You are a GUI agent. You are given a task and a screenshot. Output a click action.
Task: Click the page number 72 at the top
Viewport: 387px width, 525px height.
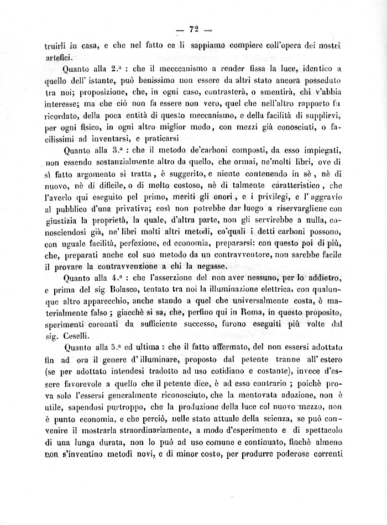click(193, 29)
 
